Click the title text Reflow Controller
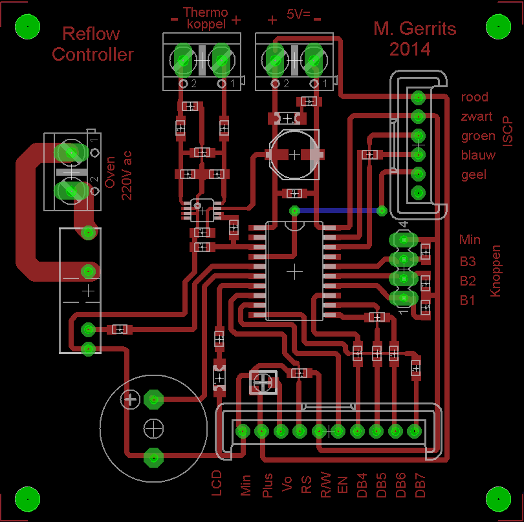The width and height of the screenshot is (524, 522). pos(93,45)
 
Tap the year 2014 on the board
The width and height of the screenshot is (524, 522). pos(409,49)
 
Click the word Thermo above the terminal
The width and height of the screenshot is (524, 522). pos(206,12)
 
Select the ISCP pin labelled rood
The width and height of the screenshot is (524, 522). pos(417,98)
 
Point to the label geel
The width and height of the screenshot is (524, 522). pos(474,175)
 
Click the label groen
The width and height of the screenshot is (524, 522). pos(477,136)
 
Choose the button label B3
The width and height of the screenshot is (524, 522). pos(468,262)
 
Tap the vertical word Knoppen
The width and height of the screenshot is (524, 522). pos(496,271)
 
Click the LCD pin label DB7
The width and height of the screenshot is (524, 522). pos(420,485)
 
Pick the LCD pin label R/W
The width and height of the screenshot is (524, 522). pos(326,485)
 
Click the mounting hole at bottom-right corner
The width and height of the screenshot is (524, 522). pos(498,497)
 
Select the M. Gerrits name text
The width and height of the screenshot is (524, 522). pos(415,29)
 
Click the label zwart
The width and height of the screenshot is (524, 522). pos(476,117)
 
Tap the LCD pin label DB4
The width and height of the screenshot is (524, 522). pos(362,485)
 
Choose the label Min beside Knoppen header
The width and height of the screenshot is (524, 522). pos(470,240)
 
